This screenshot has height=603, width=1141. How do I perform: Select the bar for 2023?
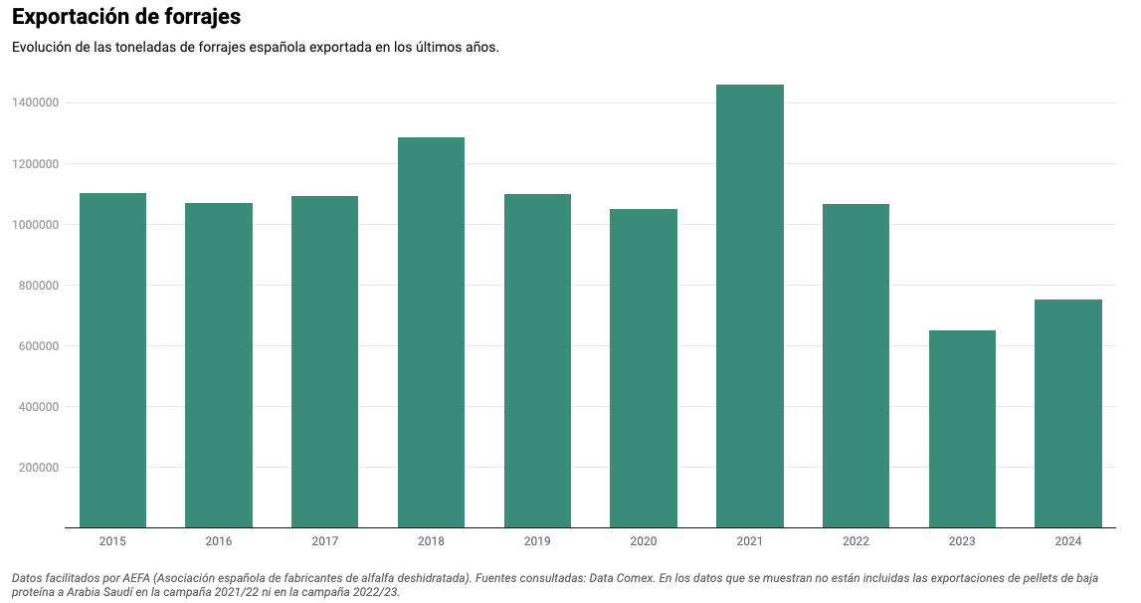click(x=962, y=429)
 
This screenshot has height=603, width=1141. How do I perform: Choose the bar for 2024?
click(x=1068, y=413)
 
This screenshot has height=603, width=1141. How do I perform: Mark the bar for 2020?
click(x=644, y=368)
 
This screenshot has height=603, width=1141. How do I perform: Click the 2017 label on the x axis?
click(x=325, y=541)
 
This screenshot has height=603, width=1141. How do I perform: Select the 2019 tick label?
click(x=537, y=541)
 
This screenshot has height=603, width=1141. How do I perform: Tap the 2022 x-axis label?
click(x=856, y=541)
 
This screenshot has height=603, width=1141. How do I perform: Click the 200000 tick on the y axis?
click(x=40, y=468)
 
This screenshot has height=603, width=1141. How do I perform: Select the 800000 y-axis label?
click(x=40, y=286)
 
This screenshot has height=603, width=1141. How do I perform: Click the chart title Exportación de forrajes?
click(x=126, y=17)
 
